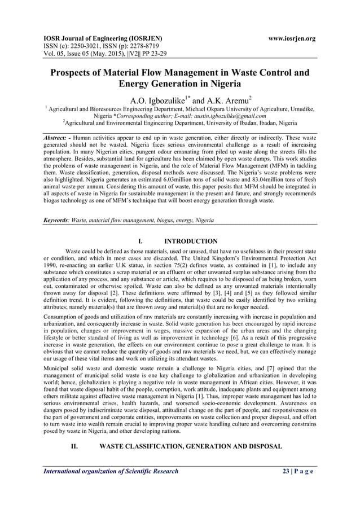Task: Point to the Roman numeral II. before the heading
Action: point(74,446)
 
